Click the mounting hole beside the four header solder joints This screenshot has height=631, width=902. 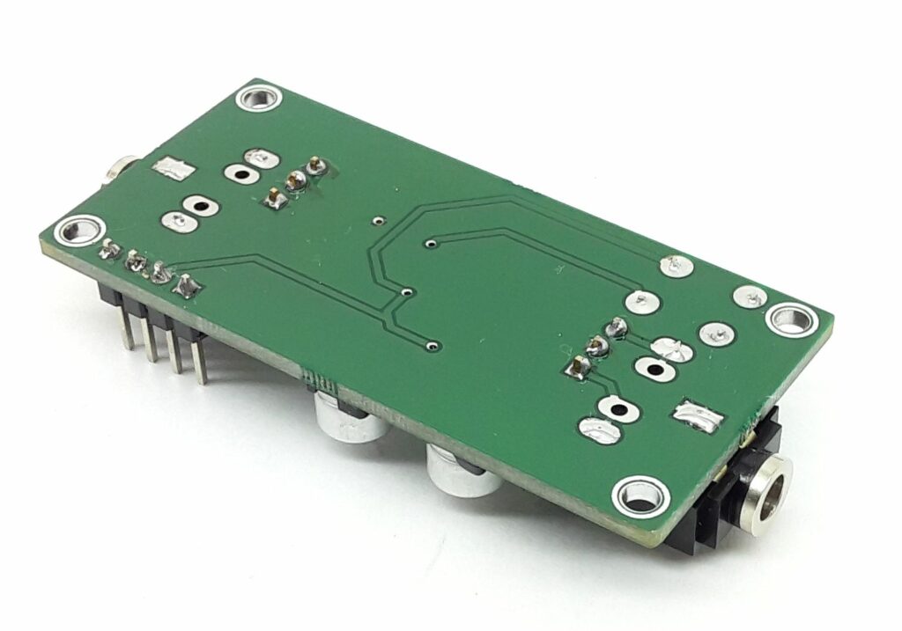click(74, 231)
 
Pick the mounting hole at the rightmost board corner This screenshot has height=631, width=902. click(793, 319)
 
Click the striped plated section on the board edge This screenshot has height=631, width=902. click(322, 382)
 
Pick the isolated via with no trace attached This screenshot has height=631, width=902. click(376, 221)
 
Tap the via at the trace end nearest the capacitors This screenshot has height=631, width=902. click(431, 345)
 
